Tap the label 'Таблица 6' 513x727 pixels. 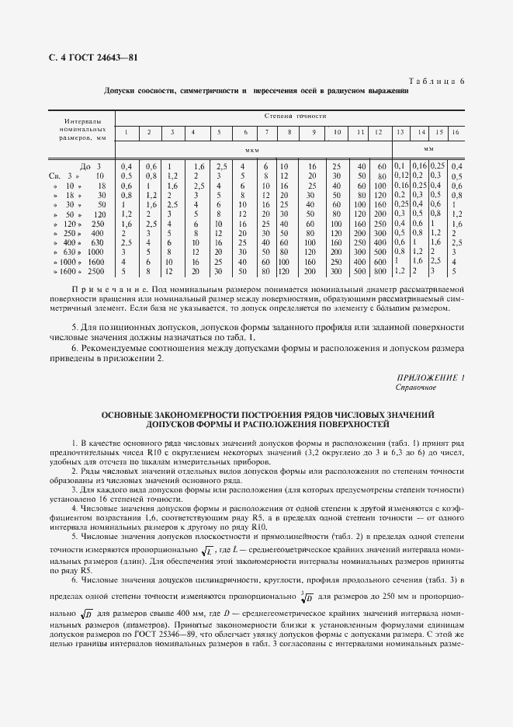(435, 82)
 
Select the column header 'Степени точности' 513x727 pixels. (295, 116)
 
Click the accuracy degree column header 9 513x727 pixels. (313, 133)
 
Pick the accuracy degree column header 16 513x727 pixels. (456, 133)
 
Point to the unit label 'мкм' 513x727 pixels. (251, 149)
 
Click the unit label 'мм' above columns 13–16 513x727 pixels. (428, 148)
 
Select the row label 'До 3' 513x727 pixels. (91, 166)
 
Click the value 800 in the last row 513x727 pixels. (380, 272)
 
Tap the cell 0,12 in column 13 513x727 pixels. (400, 176)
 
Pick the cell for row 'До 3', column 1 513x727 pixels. (127, 166)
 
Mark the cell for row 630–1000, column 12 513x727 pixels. (380, 252)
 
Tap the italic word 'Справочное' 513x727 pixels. (416, 387)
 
